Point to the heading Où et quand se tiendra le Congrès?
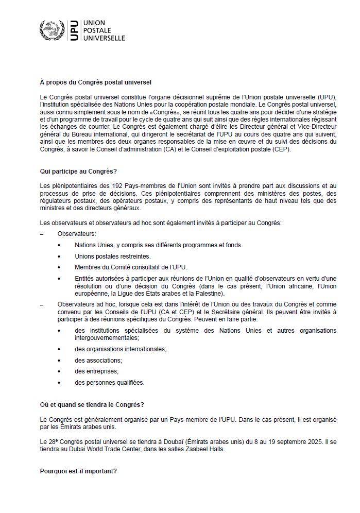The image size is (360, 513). tap(92, 405)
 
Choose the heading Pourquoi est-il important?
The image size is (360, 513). tap(78, 470)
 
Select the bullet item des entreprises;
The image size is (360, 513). tap(96, 371)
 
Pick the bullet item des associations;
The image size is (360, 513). tap(98, 360)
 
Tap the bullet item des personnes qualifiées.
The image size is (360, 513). tap(109, 382)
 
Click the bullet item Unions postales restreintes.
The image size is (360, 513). tap(112, 256)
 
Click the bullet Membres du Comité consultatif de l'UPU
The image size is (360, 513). tap(131, 267)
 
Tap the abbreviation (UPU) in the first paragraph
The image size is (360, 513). tap(328, 97)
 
